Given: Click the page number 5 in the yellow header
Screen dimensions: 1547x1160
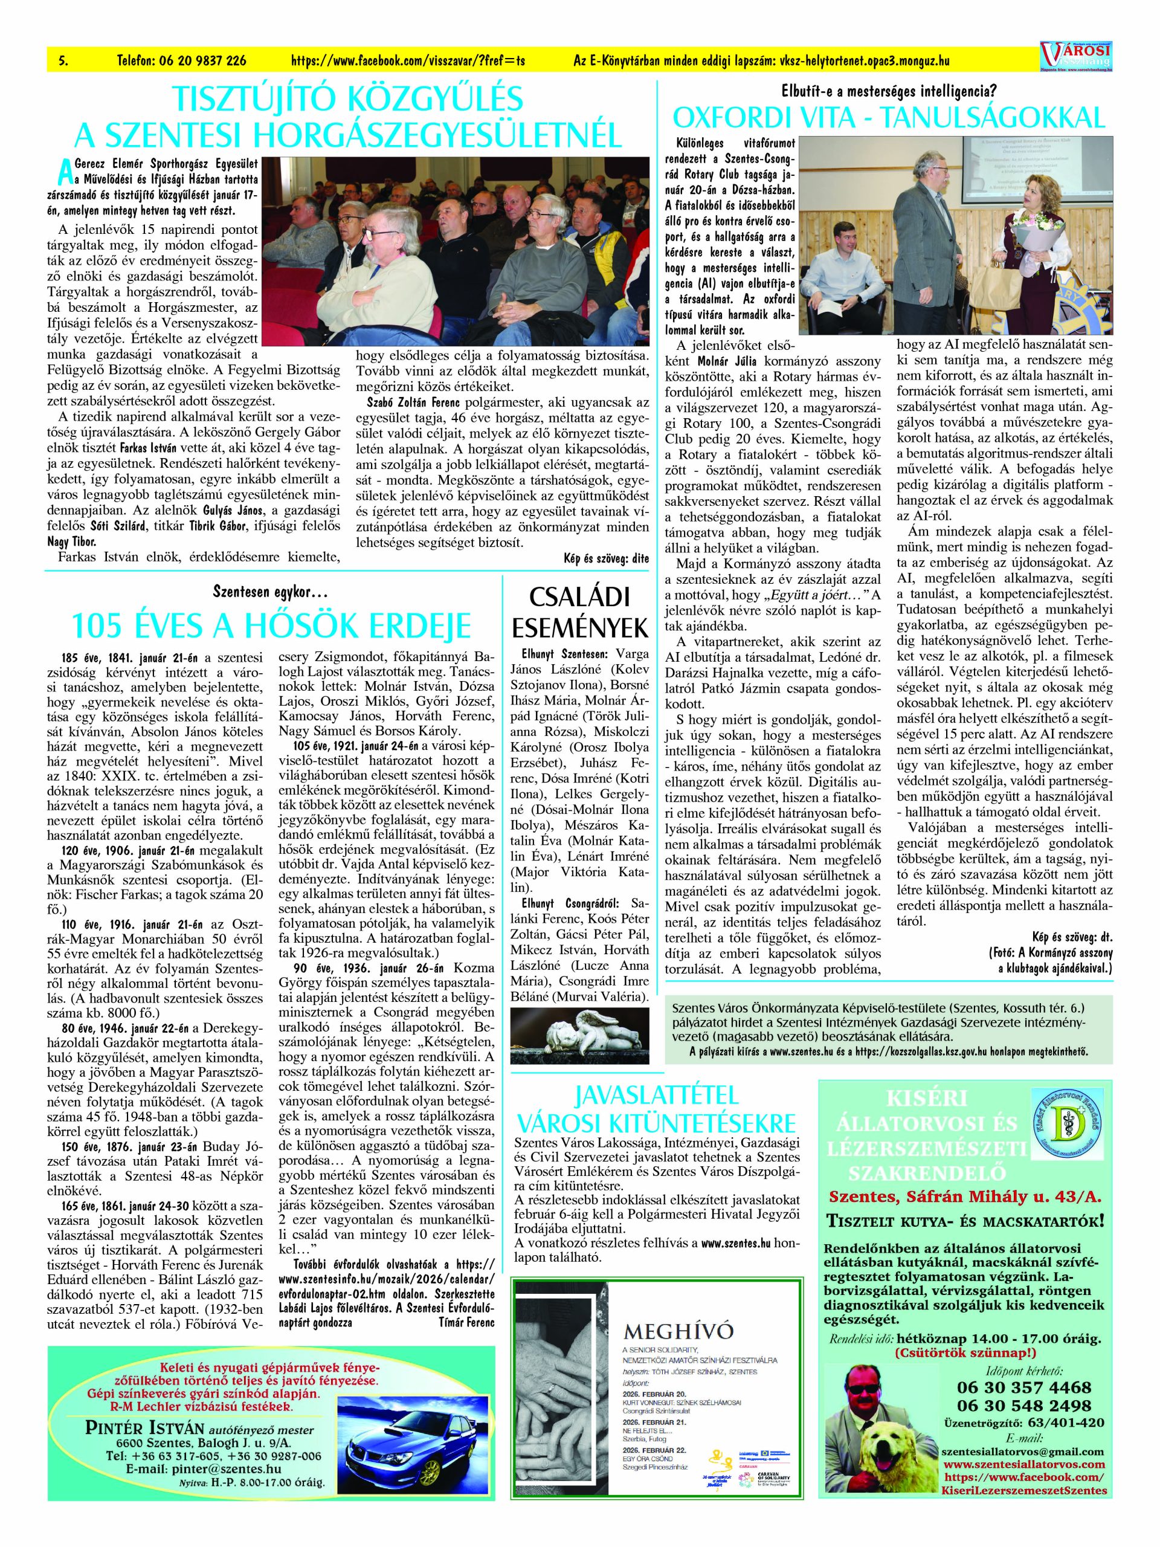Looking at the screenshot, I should coord(63,62).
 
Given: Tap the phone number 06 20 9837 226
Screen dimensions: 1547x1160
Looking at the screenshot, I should coord(182,62).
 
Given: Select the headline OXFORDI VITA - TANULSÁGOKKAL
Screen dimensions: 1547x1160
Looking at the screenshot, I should coord(889,117).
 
